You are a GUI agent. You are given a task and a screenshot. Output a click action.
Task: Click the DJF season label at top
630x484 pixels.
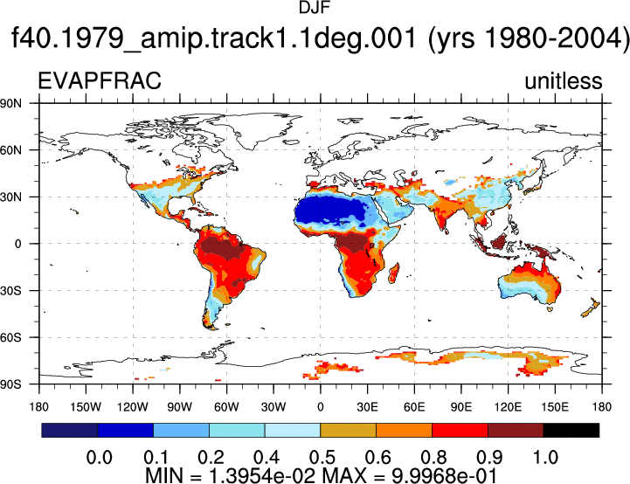tap(315, 8)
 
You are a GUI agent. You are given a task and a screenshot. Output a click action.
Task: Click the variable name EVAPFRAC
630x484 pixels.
tap(100, 80)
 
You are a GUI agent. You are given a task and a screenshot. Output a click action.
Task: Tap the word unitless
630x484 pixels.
tap(564, 80)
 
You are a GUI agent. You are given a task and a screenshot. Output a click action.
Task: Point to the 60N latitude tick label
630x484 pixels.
tap(10, 150)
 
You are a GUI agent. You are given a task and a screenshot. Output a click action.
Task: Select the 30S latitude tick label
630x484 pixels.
tap(10, 290)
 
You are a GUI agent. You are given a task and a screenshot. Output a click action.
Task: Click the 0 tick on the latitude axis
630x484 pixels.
tap(17, 244)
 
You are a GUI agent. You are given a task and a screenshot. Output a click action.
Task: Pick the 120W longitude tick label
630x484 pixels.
tap(133, 407)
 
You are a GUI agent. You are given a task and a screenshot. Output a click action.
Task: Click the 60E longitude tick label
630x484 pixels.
tap(414, 407)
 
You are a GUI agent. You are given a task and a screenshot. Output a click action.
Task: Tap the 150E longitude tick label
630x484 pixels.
tap(555, 407)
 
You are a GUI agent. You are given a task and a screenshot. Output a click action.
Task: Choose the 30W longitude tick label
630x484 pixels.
tap(273, 407)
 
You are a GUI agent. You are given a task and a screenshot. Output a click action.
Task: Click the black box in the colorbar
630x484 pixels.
tap(571, 430)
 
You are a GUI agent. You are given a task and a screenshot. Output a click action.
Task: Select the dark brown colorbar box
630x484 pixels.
tap(516, 430)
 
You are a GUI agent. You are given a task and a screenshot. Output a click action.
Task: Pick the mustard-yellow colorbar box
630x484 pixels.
tap(348, 430)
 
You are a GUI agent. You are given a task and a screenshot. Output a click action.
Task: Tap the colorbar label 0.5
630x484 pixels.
tap(322, 457)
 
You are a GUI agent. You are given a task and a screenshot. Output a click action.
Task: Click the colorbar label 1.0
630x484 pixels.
tap(545, 457)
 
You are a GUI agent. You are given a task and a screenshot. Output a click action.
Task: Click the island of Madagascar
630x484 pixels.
tap(394, 273)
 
